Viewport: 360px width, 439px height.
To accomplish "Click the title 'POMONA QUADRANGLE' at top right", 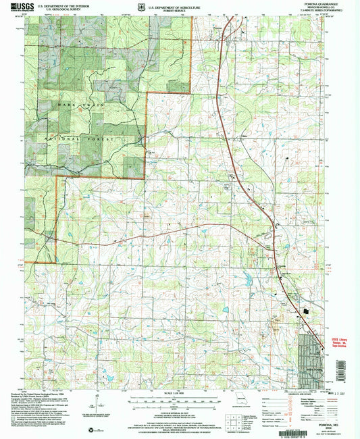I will pyautogui.click(x=325, y=4).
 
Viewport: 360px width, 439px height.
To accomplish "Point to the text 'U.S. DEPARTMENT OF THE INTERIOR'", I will pyautogui.click(x=65, y=4).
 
